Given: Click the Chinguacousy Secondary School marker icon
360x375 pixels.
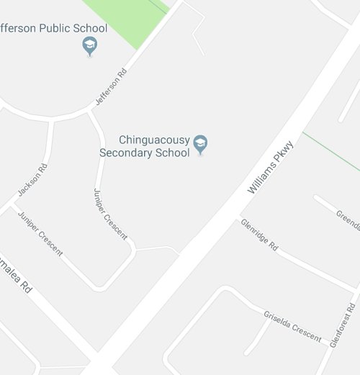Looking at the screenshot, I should point(200,145).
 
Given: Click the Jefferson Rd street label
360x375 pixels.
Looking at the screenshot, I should point(111,87).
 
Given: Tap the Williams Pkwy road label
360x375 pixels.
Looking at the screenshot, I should point(271,167).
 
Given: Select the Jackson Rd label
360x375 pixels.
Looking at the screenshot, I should point(32,180).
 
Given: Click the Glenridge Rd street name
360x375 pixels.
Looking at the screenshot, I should point(259,235).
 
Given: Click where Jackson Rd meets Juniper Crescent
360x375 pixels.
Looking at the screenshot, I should point(12,205).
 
